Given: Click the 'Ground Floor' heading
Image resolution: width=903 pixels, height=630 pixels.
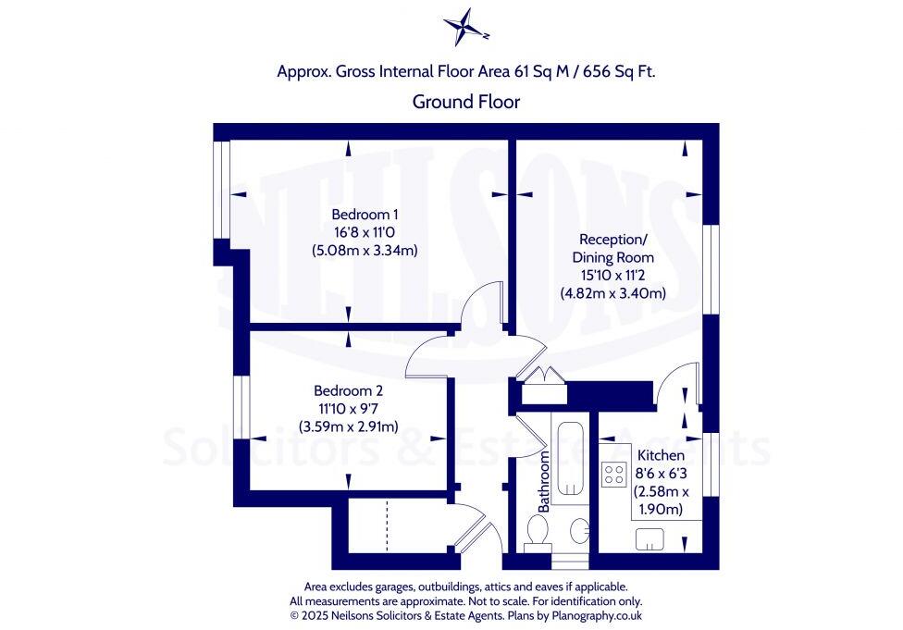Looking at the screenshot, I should click(465, 102).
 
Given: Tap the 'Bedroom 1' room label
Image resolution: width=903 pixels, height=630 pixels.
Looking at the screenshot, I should click(359, 215).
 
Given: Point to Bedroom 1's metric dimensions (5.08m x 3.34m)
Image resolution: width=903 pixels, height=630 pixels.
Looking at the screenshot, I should click(359, 250).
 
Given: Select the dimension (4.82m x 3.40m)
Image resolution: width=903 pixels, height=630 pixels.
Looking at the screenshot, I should click(612, 293).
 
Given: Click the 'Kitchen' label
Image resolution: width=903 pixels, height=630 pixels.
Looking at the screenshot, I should click(661, 455).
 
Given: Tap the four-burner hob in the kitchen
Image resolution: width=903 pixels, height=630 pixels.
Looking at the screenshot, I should click(613, 475).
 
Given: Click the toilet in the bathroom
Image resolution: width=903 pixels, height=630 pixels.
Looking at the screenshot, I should click(537, 534).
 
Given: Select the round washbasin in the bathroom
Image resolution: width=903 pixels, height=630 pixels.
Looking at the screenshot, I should click(579, 531).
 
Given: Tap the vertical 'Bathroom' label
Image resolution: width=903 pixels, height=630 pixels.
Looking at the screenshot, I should click(544, 481).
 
